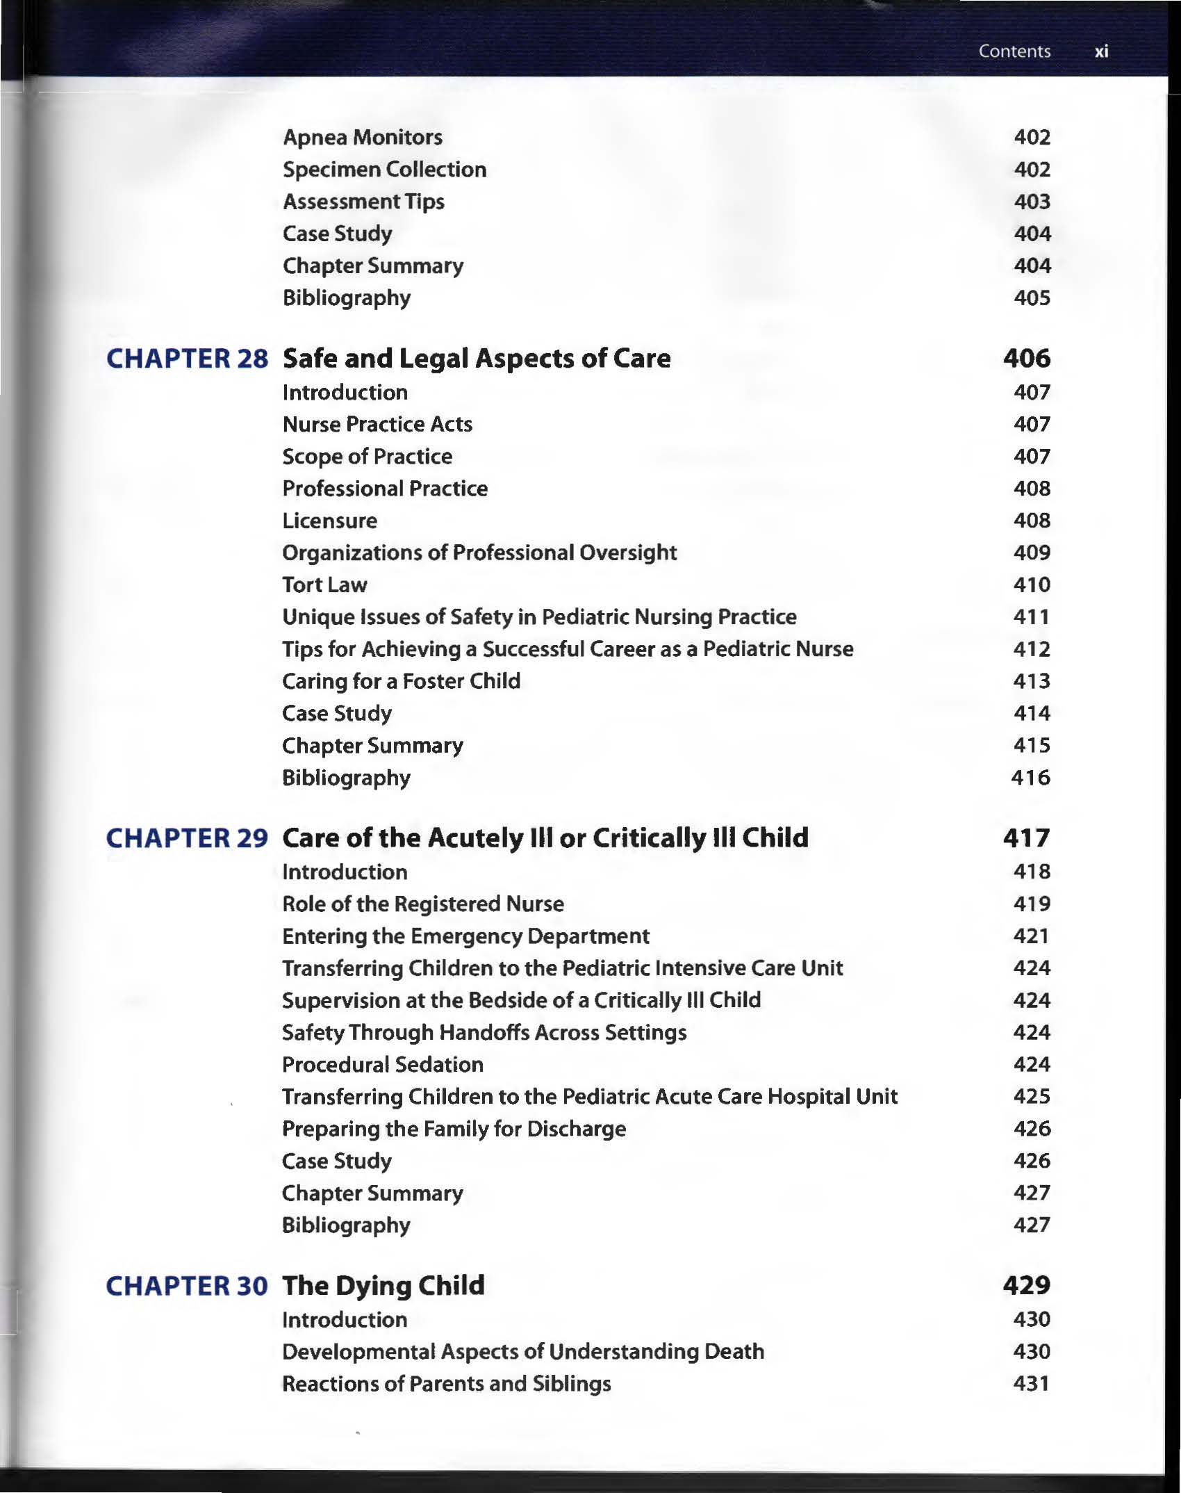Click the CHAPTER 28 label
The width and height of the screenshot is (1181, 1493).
click(x=186, y=359)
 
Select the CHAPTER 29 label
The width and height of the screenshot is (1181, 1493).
click(x=186, y=838)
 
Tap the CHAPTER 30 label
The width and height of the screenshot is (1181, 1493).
click(x=186, y=1286)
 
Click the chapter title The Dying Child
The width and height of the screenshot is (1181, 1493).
click(x=383, y=1286)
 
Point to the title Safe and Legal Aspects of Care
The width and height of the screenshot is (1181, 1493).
click(x=477, y=359)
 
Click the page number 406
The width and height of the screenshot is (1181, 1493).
click(x=1026, y=359)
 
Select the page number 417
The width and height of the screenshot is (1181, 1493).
click(x=1026, y=838)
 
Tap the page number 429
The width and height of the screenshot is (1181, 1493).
click(x=1026, y=1286)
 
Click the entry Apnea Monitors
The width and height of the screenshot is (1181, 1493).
click(x=363, y=138)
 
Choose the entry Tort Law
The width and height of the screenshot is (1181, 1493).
click(x=324, y=585)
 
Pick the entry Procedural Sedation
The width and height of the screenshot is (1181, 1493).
click(x=383, y=1065)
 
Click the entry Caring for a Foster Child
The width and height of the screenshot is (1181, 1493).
click(x=401, y=681)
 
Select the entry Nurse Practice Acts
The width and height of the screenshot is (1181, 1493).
click(x=377, y=425)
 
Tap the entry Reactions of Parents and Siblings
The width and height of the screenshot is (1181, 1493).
click(x=446, y=1384)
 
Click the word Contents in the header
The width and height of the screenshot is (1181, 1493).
click(x=1014, y=51)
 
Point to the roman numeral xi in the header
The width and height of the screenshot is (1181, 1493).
click(x=1101, y=51)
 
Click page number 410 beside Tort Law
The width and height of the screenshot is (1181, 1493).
click(x=1032, y=585)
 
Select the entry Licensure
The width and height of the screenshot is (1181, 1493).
click(x=330, y=521)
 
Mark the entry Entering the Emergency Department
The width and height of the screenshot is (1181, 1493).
click(x=465, y=936)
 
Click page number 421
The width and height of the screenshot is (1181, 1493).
click(x=1032, y=936)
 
